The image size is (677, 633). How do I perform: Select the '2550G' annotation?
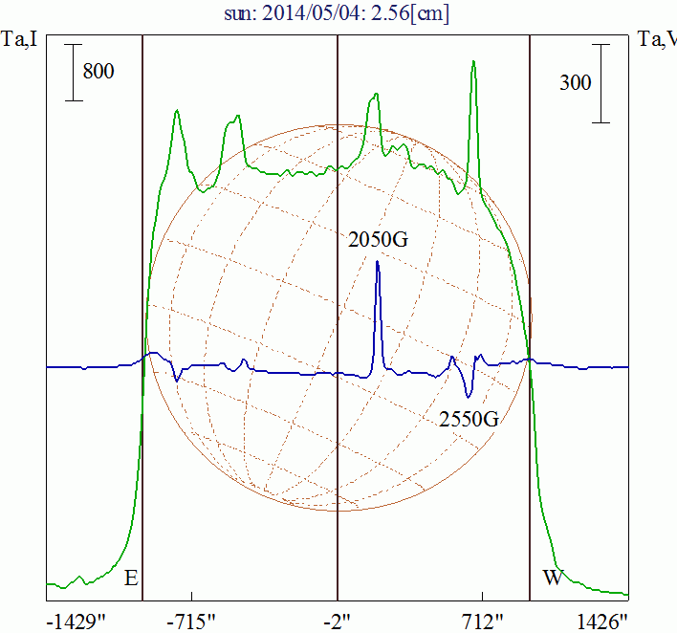click(x=470, y=418)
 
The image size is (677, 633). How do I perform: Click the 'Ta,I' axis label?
click(x=19, y=40)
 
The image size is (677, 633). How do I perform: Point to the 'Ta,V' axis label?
click(x=658, y=40)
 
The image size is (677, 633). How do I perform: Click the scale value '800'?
click(x=98, y=71)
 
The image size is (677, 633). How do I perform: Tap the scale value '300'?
click(x=576, y=83)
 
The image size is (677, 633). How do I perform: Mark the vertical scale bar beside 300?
click(x=601, y=82)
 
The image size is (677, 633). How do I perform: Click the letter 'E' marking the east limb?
click(x=132, y=578)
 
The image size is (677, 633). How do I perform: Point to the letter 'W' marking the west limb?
click(x=553, y=578)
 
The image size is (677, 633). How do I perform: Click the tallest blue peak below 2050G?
click(x=378, y=264)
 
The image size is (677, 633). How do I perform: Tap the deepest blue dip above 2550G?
click(x=468, y=394)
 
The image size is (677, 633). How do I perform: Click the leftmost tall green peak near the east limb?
click(x=177, y=112)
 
